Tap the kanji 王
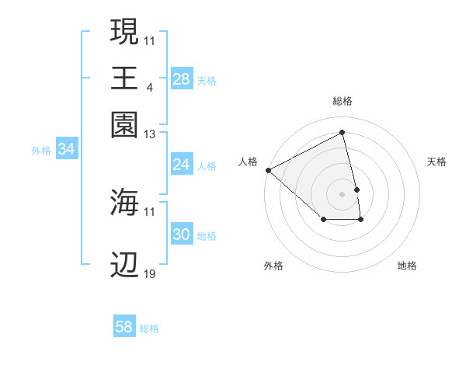[x=125, y=78]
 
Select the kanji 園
[x=125, y=124]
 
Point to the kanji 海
[x=125, y=202]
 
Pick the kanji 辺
[x=125, y=265]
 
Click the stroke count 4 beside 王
[x=149, y=87]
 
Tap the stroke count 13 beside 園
[x=149, y=134]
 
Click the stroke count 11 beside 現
[x=149, y=40]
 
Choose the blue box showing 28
[x=181, y=78]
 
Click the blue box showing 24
[x=181, y=165]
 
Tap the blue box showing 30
[x=181, y=235]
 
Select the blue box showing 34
[x=66, y=149]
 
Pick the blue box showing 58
[x=123, y=327]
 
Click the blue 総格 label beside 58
[x=149, y=328]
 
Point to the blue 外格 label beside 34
[x=41, y=151]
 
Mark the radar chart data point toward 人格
[x=268, y=170]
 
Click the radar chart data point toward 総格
[x=343, y=132]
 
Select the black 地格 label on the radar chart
[x=407, y=266]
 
